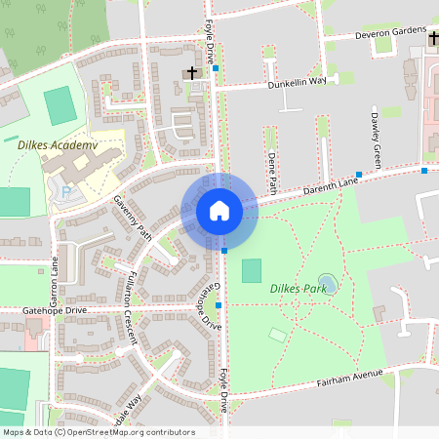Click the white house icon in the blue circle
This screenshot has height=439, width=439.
click(219, 211)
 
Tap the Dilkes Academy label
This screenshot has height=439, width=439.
click(59, 145)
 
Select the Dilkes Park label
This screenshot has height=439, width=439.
click(297, 288)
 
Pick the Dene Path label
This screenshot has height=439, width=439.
click(271, 170)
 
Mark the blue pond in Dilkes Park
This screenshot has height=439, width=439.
click(328, 283)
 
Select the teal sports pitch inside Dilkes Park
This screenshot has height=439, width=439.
click(252, 270)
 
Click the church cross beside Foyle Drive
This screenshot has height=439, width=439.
click(191, 72)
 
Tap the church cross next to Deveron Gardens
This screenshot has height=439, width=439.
click(433, 36)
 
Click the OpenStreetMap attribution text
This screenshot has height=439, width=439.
click(98, 432)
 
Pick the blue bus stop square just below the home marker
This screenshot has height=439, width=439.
click(224, 251)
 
